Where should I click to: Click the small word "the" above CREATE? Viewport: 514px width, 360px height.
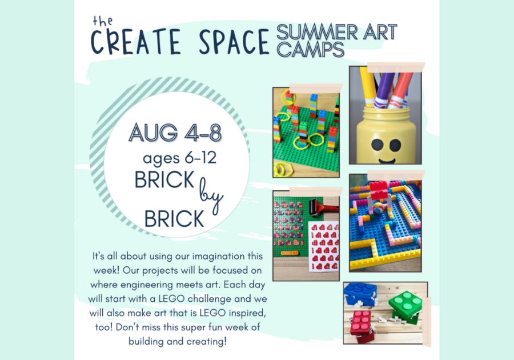point(103,21)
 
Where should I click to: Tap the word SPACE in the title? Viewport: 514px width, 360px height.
point(234,42)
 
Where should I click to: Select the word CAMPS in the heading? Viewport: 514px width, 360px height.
point(310,50)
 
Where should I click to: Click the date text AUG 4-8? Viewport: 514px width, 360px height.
point(175,133)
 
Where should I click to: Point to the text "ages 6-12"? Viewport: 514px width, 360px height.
point(180,158)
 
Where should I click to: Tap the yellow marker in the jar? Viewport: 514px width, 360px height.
point(368,86)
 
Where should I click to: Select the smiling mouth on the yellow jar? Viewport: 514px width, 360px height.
point(387,161)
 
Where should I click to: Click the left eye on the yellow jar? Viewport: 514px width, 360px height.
point(377,144)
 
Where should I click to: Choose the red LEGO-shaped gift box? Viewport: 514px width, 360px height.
point(362,326)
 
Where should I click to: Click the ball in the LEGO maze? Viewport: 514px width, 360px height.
point(378,208)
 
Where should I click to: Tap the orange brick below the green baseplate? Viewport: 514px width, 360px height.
point(290,253)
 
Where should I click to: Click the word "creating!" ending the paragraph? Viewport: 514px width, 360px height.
point(207,341)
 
